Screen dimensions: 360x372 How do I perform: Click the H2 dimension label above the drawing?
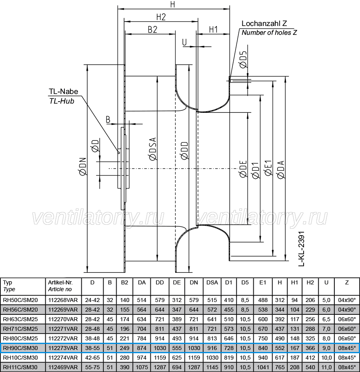coord(161,17)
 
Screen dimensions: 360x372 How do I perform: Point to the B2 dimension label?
coord(152,30)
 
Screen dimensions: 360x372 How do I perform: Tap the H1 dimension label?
coord(213,30)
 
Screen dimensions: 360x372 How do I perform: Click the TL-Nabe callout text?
coord(63,91)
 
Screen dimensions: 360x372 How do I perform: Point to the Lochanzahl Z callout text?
coord(264,23)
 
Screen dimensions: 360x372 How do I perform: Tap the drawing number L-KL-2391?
coord(301,249)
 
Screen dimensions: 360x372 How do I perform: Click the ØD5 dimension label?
coord(243,60)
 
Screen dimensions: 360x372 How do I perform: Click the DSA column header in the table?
coord(212,282)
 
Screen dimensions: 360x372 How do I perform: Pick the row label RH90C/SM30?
coord(20,348)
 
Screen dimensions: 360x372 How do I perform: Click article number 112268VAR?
coord(63,300)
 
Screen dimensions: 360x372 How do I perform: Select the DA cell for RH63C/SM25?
coord(142,319)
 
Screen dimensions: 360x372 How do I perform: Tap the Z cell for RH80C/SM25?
coord(347,338)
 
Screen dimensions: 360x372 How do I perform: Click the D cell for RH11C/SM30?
coord(92,367)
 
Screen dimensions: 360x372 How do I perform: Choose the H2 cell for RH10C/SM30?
coord(310,358)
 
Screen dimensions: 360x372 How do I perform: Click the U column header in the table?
coord(326,282)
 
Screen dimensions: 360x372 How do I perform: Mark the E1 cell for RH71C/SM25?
coord(263,329)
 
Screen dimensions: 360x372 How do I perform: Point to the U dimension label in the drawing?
coord(184,42)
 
